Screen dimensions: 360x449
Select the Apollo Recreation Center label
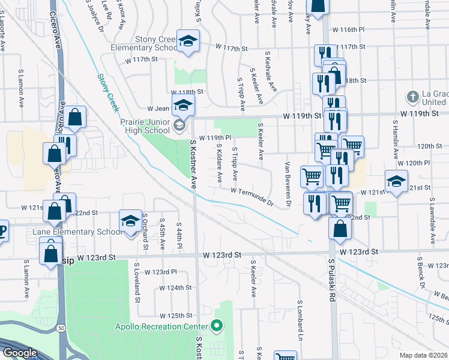click(x=161, y=327)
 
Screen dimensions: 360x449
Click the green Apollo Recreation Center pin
click(x=217, y=327)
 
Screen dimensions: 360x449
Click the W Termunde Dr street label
click(x=252, y=197)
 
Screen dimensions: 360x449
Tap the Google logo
click(x=19, y=353)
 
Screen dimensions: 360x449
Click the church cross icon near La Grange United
click(x=412, y=96)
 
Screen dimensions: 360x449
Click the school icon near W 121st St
click(x=396, y=181)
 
